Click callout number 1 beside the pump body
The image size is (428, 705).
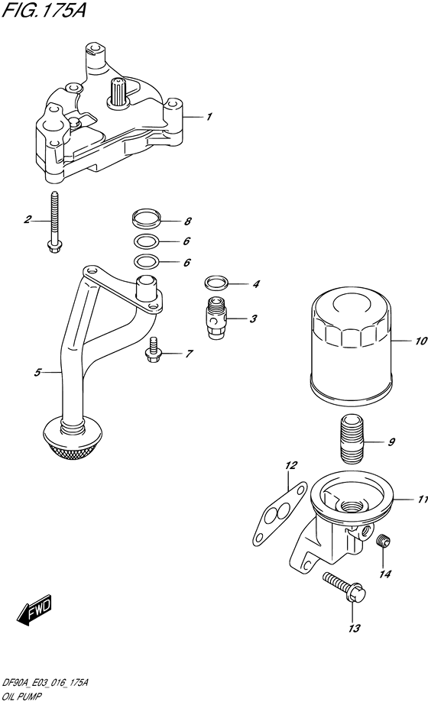[x=209, y=117]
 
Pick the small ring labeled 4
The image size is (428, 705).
[x=217, y=284]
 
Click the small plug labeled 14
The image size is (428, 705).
[x=385, y=543]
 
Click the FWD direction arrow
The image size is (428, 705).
[x=34, y=609]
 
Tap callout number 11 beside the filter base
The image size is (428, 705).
[x=420, y=500]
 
